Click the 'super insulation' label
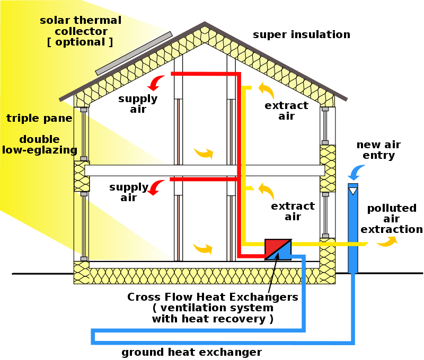point(301,35)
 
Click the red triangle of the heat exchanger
point(273,247)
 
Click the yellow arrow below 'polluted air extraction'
point(386,242)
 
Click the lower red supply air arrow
point(155,187)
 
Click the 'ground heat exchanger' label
point(191,352)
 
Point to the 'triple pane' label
point(39,118)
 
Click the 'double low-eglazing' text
point(40,145)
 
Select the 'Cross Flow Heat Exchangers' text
point(212,297)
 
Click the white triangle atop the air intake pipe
point(353,189)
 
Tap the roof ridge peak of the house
point(205,24)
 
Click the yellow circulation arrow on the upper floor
point(204,154)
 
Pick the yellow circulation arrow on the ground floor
point(204,248)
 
